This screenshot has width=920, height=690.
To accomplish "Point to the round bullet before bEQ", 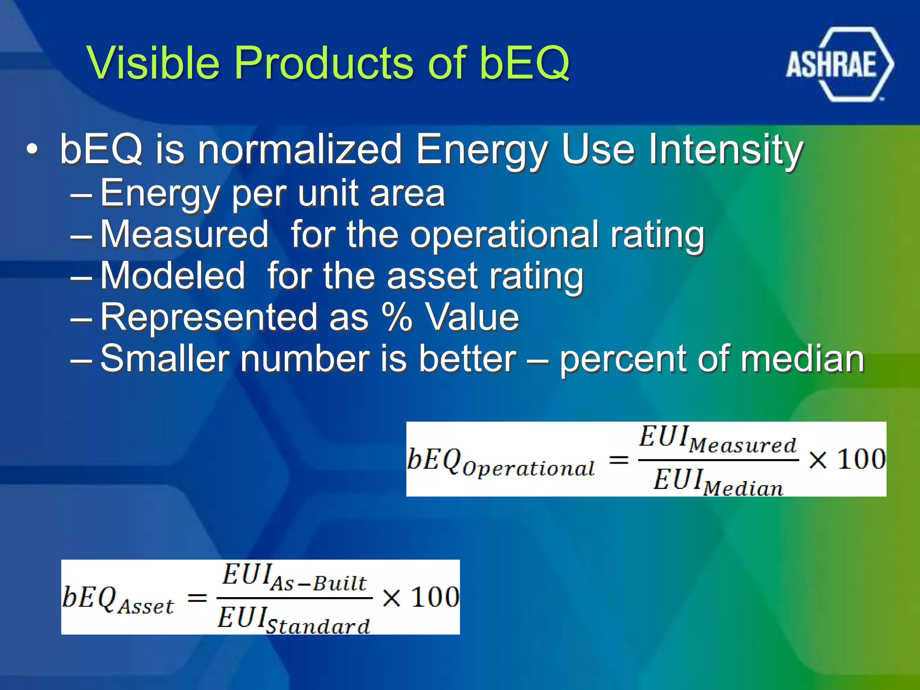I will coord(32,149).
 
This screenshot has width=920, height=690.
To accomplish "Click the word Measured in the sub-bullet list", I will coord(184,234).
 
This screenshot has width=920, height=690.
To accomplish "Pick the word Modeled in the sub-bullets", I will coord(172,275).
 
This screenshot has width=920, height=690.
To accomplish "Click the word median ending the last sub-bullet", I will coord(801,359).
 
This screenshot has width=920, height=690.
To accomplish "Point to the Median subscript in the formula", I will coord(743,488).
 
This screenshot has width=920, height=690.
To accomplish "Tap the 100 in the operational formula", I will coord(862,460).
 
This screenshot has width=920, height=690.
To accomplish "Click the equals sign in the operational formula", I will coord(618,460).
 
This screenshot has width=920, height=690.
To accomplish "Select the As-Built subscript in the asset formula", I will coord(319,584).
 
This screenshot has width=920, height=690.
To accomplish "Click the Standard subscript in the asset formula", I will coord(318,626).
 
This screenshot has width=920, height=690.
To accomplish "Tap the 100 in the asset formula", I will coord(435,597).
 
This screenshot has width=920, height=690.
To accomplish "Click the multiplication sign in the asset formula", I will coord(391,598).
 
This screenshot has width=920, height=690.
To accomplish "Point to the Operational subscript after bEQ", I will coord(528,469).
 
